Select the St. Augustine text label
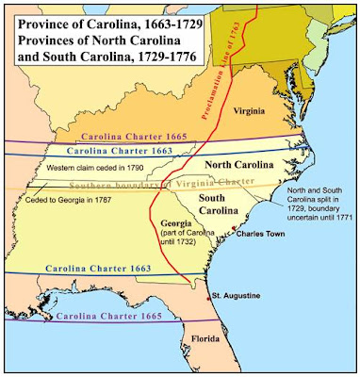237,302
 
